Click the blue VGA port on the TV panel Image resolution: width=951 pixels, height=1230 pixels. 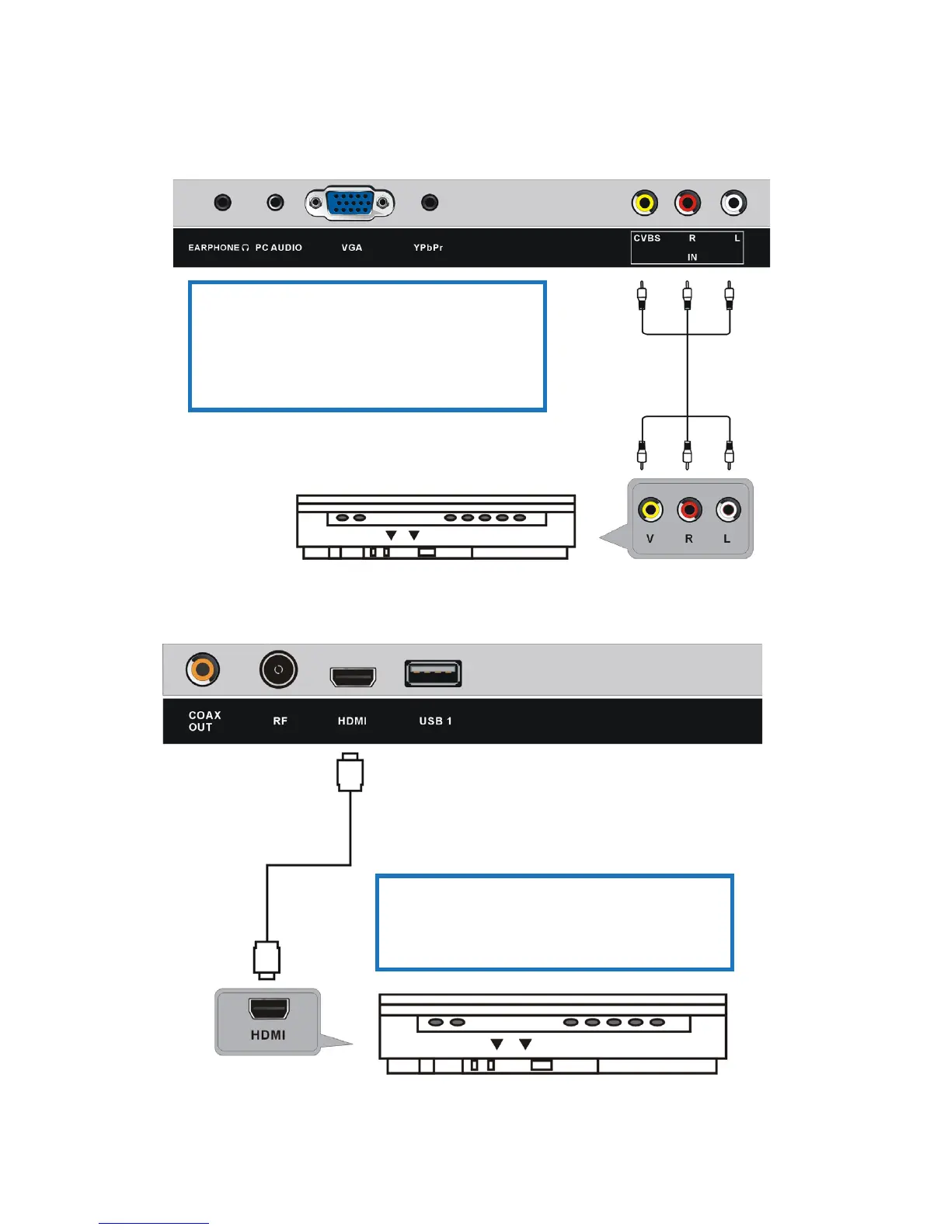coord(350,203)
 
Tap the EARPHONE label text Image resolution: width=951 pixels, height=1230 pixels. coord(214,248)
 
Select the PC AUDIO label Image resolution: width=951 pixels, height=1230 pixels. coord(279,248)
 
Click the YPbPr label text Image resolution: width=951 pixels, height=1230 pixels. coord(428,248)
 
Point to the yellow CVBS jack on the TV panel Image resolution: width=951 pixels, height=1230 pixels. coord(644,203)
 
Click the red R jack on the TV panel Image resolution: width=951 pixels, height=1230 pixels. coord(688,203)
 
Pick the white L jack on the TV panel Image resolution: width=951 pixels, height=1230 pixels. coord(733,203)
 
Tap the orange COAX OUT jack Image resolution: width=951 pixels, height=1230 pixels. coord(202,669)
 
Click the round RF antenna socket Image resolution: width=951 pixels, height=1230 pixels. coord(278,669)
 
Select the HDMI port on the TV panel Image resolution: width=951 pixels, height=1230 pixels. coord(354,676)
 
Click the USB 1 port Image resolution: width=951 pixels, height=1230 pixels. coord(433,673)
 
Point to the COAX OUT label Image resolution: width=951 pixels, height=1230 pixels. coord(204,721)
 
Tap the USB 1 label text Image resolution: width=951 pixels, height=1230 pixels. coord(435,721)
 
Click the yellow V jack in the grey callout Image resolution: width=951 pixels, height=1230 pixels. coord(650,510)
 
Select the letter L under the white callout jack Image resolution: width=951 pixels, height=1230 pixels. coord(727,539)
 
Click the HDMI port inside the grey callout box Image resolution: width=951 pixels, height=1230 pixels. coord(269,1008)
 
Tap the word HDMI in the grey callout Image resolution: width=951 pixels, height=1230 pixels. coord(268,1035)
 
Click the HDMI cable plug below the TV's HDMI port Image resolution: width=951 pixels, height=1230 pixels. coord(350,773)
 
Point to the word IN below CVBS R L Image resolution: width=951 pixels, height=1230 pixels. coord(692,257)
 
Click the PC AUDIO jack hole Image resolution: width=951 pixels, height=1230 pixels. coord(275,203)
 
